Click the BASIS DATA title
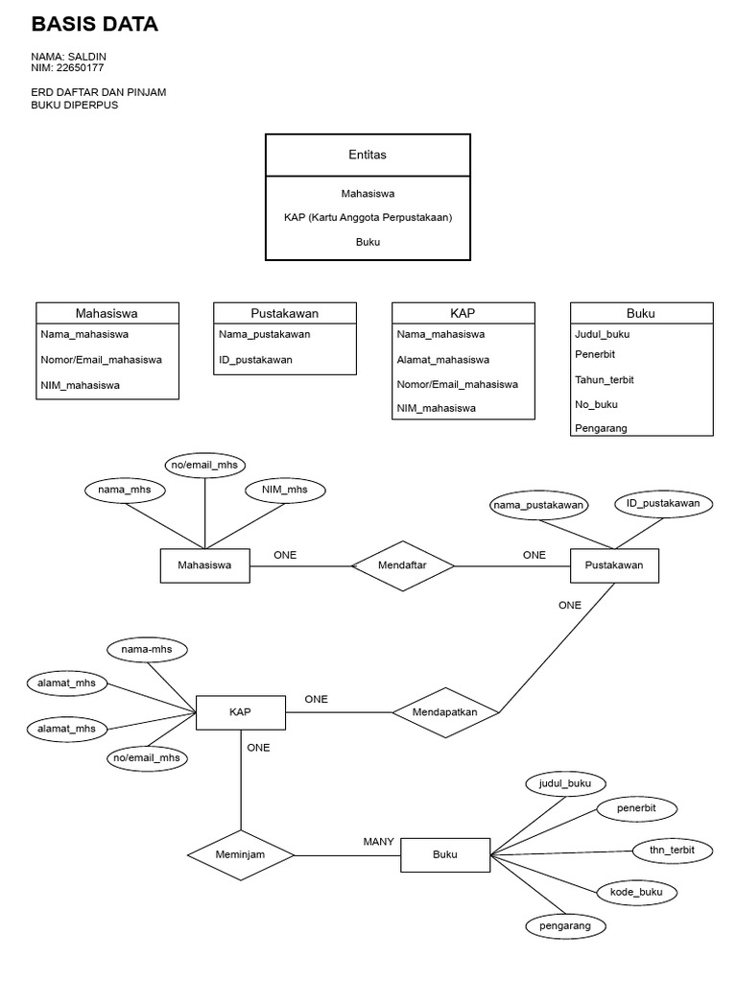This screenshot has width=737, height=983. [x=94, y=25]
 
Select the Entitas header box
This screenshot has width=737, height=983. [x=368, y=155]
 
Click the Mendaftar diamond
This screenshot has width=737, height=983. [x=403, y=566]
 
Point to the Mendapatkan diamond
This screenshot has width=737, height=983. [x=446, y=712]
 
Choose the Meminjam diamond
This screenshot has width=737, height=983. [x=240, y=853]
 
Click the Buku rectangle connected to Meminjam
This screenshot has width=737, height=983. [x=445, y=853]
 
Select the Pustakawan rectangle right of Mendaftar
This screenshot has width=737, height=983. [x=614, y=565]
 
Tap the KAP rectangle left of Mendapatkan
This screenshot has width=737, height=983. [x=240, y=712]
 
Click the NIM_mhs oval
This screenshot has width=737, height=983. [x=284, y=490]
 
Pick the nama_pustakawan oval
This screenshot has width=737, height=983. [x=538, y=504]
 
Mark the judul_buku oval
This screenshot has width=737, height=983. [x=565, y=783]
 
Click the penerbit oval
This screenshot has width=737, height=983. [x=636, y=808]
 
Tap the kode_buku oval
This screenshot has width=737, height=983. [x=636, y=892]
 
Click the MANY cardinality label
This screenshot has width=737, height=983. [x=378, y=841]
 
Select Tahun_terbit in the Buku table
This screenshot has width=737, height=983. [x=604, y=379]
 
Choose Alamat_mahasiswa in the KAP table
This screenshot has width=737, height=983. [x=442, y=359]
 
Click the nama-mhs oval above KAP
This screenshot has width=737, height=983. [x=147, y=650]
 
